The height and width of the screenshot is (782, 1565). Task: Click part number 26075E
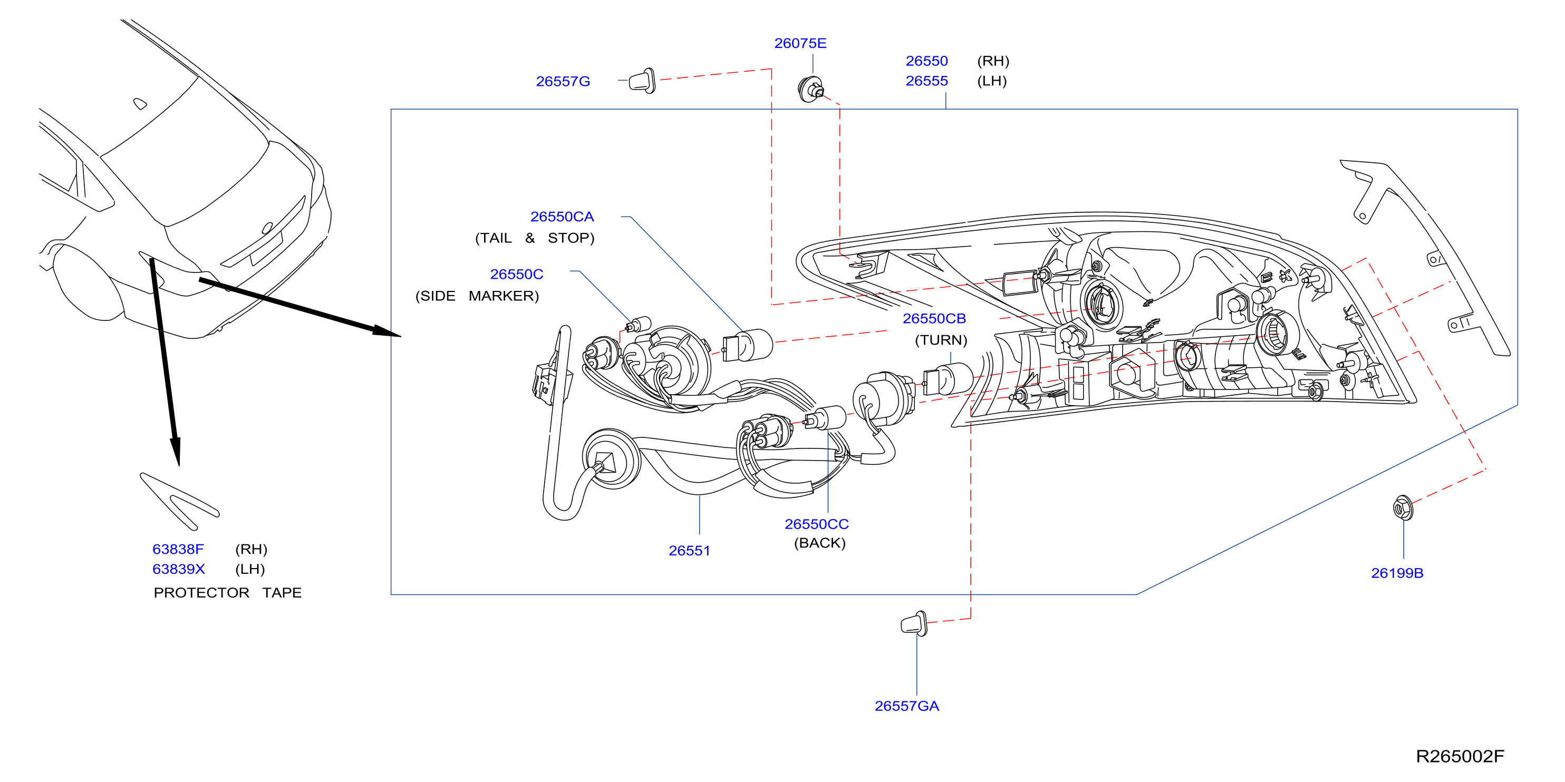tap(800, 43)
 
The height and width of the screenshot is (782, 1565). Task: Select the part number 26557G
tap(563, 81)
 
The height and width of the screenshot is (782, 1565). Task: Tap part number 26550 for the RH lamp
tap(926, 61)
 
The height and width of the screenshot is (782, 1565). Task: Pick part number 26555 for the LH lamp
tap(926, 81)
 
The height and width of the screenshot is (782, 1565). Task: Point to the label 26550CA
tap(562, 217)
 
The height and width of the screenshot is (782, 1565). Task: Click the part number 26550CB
tap(934, 318)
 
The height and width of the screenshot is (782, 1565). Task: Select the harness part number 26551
tap(689, 551)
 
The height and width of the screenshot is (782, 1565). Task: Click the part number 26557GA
tap(906, 706)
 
